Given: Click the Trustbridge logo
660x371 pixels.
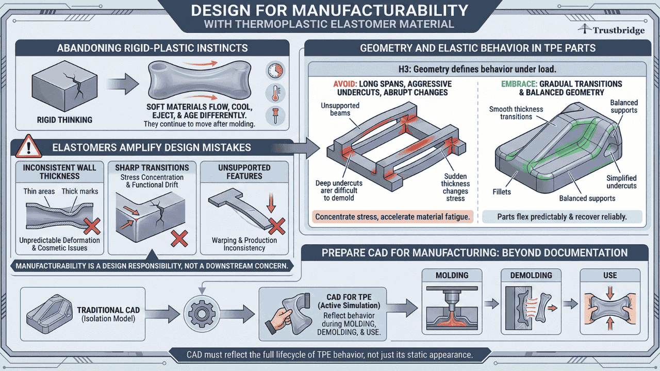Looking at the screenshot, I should (611, 30).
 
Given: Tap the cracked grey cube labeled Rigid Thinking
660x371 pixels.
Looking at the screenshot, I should (53, 87).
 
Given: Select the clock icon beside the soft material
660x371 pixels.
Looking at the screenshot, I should (275, 71).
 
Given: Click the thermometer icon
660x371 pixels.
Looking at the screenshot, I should (275, 93).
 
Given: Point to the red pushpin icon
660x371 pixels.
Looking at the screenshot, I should (275, 115).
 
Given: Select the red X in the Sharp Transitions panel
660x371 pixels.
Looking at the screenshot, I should (178, 239).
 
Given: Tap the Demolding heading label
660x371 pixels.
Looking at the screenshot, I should (531, 275).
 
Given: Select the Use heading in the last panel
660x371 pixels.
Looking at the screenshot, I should (610, 275).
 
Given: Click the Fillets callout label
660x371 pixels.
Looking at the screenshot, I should (501, 192).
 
